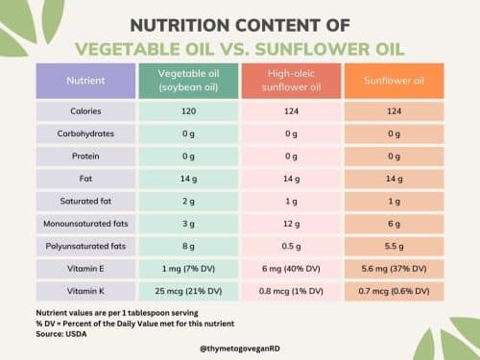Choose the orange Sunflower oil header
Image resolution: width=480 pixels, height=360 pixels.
(x=393, y=83)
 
